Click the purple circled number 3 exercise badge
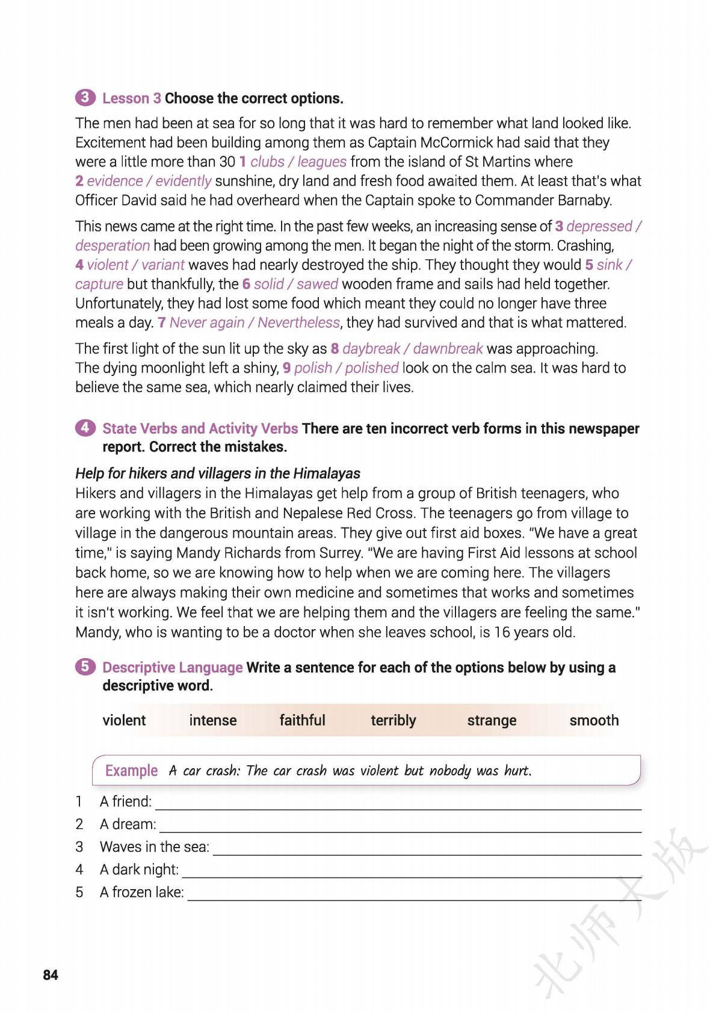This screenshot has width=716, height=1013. click(85, 97)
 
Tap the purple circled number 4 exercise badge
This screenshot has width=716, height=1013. click(85, 428)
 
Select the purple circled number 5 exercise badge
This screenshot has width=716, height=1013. click(85, 667)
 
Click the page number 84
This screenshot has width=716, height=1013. click(51, 975)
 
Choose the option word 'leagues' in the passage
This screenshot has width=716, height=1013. click(322, 162)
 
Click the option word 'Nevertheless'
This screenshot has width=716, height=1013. click(298, 322)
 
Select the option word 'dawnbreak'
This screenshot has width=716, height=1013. click(448, 349)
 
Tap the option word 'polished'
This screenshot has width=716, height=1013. click(372, 368)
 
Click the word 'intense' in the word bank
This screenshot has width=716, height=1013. click(213, 720)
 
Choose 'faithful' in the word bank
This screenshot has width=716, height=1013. click(302, 720)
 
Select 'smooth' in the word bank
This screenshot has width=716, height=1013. click(594, 720)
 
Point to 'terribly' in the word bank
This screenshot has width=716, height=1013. click(393, 720)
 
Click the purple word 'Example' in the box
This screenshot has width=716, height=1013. click(131, 771)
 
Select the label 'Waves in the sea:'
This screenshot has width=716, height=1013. click(155, 847)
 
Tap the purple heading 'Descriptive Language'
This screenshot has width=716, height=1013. click(172, 667)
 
